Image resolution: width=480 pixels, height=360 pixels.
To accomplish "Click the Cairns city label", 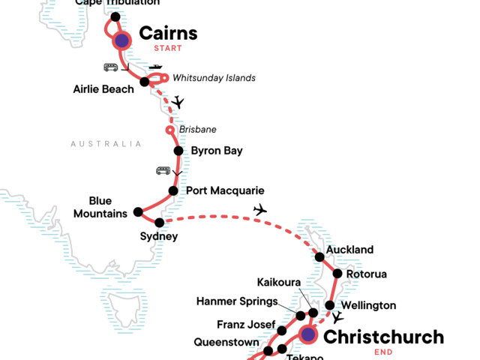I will click(x=168, y=33).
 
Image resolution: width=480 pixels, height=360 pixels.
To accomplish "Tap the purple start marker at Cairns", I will click(x=121, y=40).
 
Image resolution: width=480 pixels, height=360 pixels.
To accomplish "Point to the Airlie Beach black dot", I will click(x=145, y=82).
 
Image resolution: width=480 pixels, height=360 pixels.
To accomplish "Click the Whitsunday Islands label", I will click(x=214, y=78).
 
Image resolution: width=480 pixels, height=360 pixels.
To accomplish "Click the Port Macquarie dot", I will click(x=172, y=190).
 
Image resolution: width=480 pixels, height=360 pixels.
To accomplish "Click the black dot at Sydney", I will click(x=159, y=223).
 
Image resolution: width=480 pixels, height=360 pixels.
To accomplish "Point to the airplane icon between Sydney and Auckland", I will click(x=260, y=209).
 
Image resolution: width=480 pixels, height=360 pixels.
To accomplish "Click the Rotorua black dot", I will click(x=337, y=274).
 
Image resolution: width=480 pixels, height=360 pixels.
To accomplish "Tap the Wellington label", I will click(x=367, y=306).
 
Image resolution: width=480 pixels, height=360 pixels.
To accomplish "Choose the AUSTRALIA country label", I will click(x=106, y=144).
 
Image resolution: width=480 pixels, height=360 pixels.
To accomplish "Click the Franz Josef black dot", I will click(x=282, y=331).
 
